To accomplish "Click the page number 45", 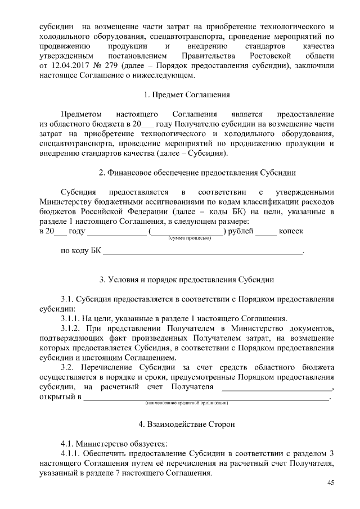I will [x=331, y=483].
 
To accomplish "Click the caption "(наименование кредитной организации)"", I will [x=186, y=403].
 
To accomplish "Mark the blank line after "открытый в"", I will [x=206, y=398].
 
